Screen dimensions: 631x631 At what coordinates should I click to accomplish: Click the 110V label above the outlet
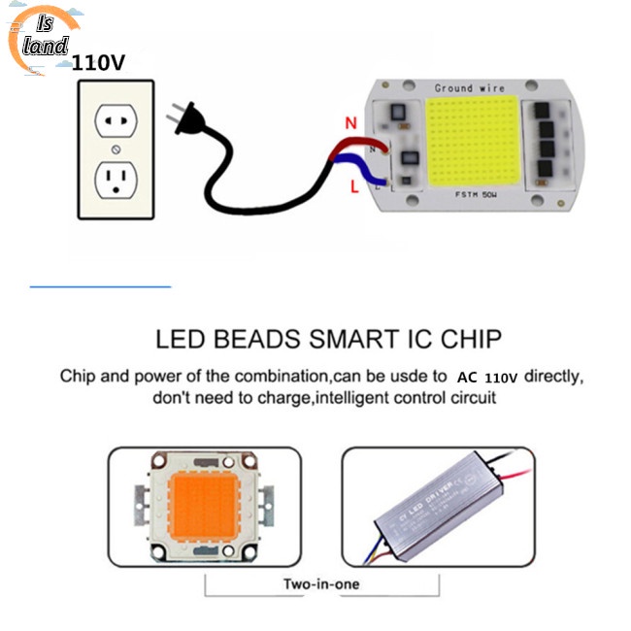point(97,64)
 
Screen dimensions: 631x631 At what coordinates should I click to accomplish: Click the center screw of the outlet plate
point(116,150)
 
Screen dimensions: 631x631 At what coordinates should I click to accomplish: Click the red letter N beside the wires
point(351,123)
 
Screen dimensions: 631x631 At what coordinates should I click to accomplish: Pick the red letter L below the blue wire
point(354,192)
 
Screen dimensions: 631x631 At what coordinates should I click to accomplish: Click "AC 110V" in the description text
point(487,376)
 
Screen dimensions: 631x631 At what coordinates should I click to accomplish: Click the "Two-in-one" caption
point(319,584)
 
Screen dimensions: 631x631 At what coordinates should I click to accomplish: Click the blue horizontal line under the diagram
point(100,286)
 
